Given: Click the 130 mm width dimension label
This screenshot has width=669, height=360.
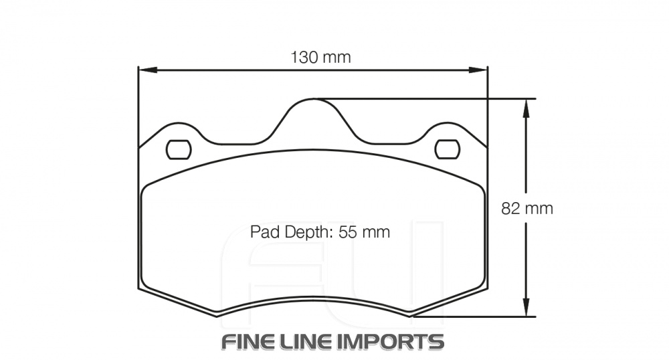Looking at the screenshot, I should [320, 58].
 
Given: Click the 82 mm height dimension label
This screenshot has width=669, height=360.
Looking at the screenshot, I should [527, 208].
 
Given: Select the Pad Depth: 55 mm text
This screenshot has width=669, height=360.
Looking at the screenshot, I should [320, 232].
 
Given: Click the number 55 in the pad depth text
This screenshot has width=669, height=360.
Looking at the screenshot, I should [347, 232].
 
